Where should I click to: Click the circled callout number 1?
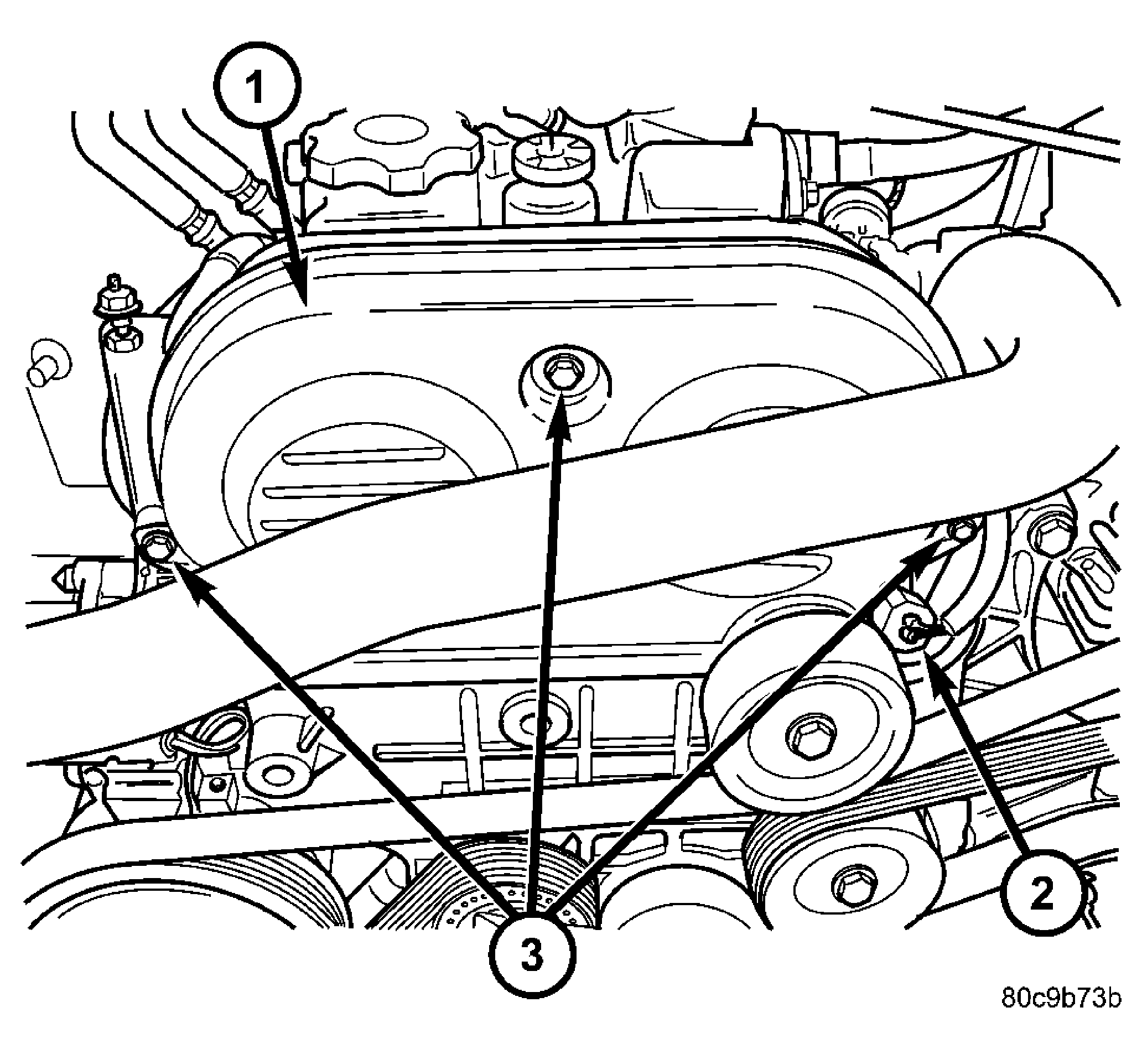pyautogui.click(x=257, y=85)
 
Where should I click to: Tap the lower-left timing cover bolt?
pyautogui.click(x=154, y=547)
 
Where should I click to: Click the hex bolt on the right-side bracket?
pyautogui.click(x=1052, y=537)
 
